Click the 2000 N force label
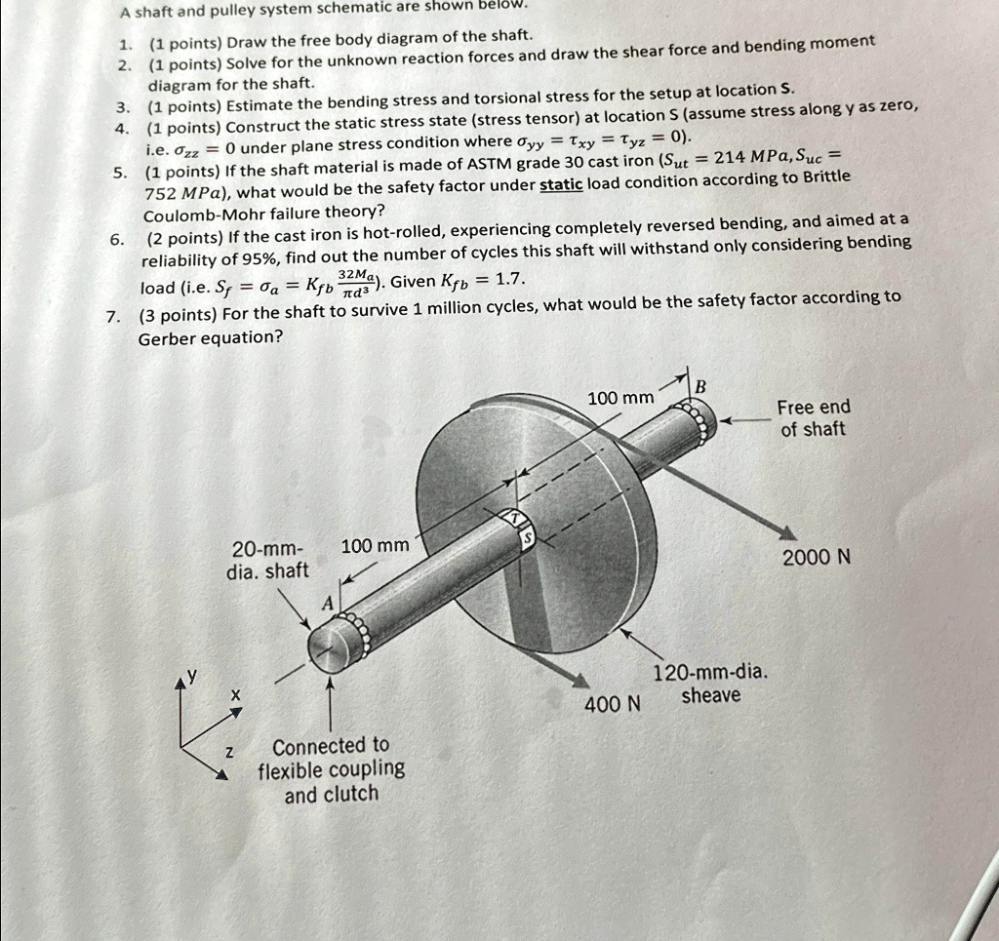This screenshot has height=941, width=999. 817,557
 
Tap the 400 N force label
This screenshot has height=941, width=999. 612,703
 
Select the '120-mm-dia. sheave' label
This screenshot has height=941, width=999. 710,684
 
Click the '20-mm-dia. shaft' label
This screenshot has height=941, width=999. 267,559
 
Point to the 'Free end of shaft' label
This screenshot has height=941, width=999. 813,417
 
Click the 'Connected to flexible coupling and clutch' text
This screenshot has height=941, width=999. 331,769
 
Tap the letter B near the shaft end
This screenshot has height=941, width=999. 699,385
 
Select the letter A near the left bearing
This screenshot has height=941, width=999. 328,604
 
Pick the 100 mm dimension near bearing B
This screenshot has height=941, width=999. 620,397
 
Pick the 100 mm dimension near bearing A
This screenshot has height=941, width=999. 375,545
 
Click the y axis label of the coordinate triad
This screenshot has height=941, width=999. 193,674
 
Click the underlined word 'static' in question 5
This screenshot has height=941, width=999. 561,184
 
